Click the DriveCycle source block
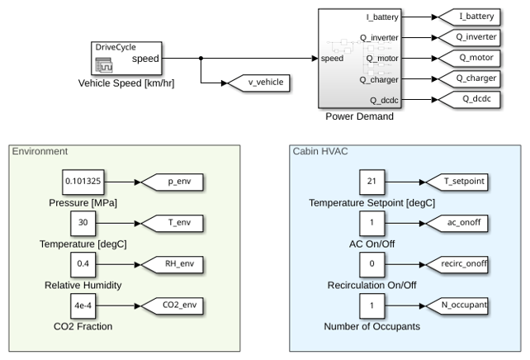tap(126, 58)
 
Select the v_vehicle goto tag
tap(259, 83)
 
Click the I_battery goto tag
tap(469, 17)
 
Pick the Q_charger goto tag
tap(469, 78)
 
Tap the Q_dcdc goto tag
tap(469, 99)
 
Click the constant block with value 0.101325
tap(83, 182)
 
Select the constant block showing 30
tap(83, 224)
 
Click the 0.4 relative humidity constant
tap(83, 265)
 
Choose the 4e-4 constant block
tap(83, 306)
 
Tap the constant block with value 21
tap(371, 182)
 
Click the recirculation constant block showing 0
tap(371, 265)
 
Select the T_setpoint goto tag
tap(457, 182)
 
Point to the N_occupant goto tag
tap(457, 306)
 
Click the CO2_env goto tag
tap(173, 306)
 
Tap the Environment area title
tap(40, 151)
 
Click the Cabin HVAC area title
tap(320, 151)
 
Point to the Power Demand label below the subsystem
tap(360, 116)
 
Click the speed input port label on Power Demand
tap(332, 59)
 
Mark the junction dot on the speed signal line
tap(201, 58)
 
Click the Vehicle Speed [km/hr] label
tap(126, 83)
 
